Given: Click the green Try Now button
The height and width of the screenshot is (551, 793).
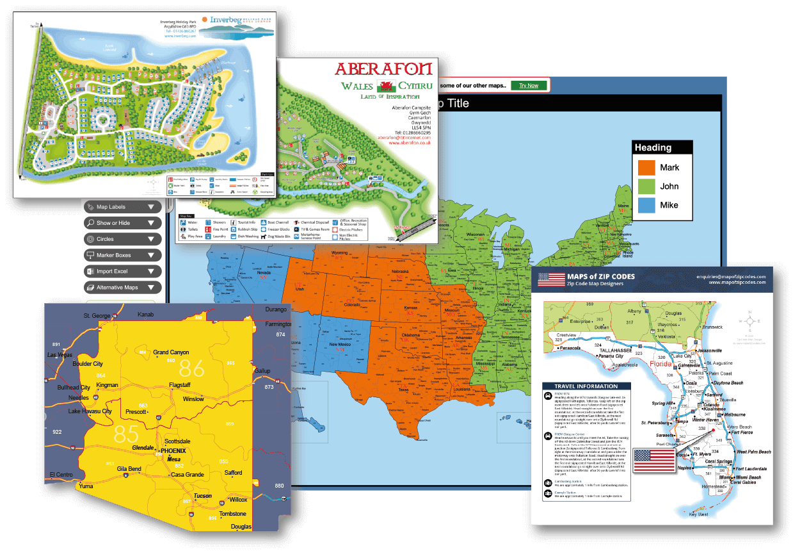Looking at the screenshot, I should pyautogui.click(x=529, y=85).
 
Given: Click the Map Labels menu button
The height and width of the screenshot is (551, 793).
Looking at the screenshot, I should pyautogui.click(x=122, y=207).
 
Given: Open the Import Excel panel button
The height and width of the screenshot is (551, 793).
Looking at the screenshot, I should pyautogui.click(x=122, y=272).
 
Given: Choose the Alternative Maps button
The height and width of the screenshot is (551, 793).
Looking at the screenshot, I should pyautogui.click(x=122, y=288).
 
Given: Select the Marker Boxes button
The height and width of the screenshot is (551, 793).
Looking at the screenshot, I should pyautogui.click(x=122, y=255).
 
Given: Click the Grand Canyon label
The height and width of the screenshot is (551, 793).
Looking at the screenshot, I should pyautogui.click(x=171, y=352).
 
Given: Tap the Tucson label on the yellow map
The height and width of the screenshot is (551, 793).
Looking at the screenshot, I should pyautogui.click(x=203, y=496).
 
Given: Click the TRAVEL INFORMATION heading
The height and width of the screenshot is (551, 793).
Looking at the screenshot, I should pyautogui.click(x=586, y=386).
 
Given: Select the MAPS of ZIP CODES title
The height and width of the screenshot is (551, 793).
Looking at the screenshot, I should pyautogui.click(x=601, y=277).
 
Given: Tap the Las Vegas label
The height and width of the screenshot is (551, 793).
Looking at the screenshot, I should pyautogui.click(x=60, y=354).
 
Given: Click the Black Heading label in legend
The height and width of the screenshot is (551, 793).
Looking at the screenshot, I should pyautogui.click(x=653, y=147).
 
